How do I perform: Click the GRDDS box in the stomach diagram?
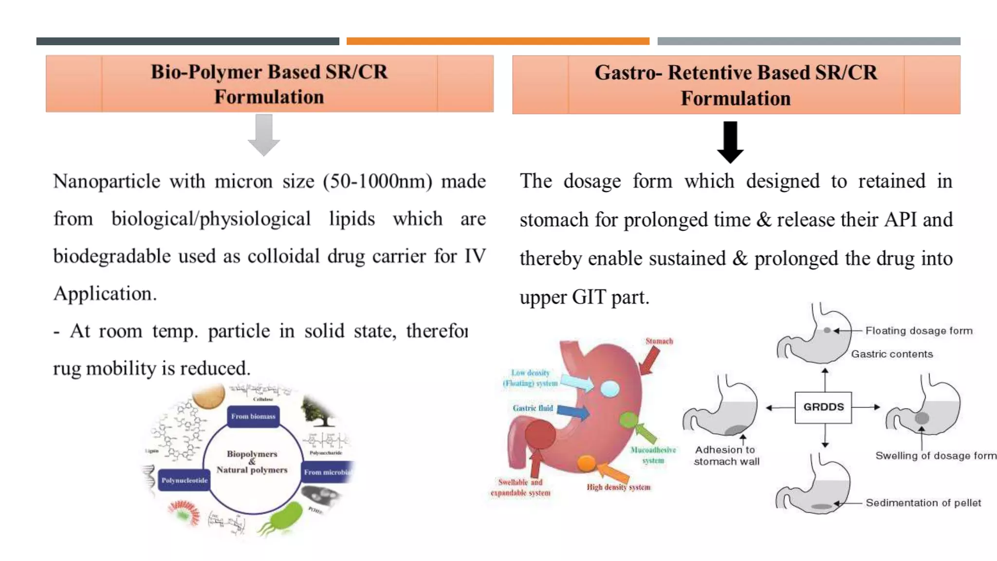pyautogui.click(x=823, y=407)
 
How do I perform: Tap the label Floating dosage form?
pyautogui.click(x=919, y=331)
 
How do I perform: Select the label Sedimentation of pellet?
pyautogui.click(x=923, y=503)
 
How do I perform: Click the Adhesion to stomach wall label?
pyautogui.click(x=726, y=455)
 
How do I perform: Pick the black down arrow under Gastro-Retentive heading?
pyautogui.click(x=730, y=142)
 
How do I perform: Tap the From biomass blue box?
pyautogui.click(x=253, y=416)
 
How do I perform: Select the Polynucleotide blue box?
pyautogui.click(x=184, y=480)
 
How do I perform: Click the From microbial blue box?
pyautogui.click(x=327, y=472)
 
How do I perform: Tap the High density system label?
pyautogui.click(x=618, y=487)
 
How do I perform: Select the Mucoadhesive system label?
pyautogui.click(x=653, y=455)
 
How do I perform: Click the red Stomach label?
pyautogui.click(x=659, y=341)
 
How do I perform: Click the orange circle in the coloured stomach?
pyautogui.click(x=586, y=463)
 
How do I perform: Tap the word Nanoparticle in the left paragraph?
pyautogui.click(x=107, y=182)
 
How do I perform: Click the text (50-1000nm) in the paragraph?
pyautogui.click(x=377, y=182)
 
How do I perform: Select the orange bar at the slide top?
pyautogui.click(x=498, y=41)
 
